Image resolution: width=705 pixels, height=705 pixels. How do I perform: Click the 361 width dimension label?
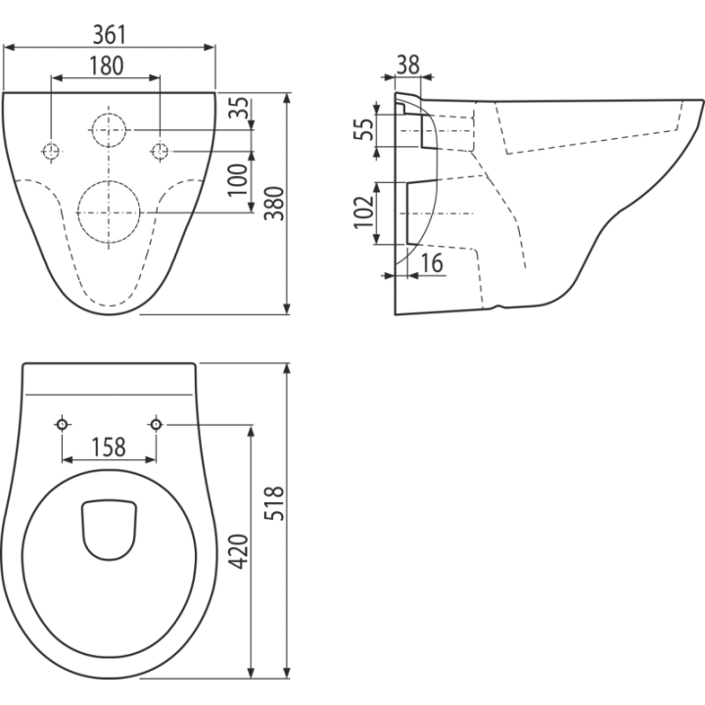coord(110,34)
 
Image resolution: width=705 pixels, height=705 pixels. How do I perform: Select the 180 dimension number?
coord(106,66)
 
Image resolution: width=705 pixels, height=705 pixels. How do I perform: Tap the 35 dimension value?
coord(239,108)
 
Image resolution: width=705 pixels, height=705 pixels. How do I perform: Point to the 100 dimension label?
coord(238,179)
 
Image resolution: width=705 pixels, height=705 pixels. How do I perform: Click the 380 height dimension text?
coord(274,204)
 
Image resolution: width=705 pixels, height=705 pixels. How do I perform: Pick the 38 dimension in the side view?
coord(408,65)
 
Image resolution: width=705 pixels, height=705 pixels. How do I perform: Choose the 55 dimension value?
coord(363,129)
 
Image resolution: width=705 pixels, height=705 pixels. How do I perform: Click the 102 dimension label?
coord(363,212)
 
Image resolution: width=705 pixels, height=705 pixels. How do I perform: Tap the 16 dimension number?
coord(432,263)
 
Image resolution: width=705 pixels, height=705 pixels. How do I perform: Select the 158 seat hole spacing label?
coord(109,447)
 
